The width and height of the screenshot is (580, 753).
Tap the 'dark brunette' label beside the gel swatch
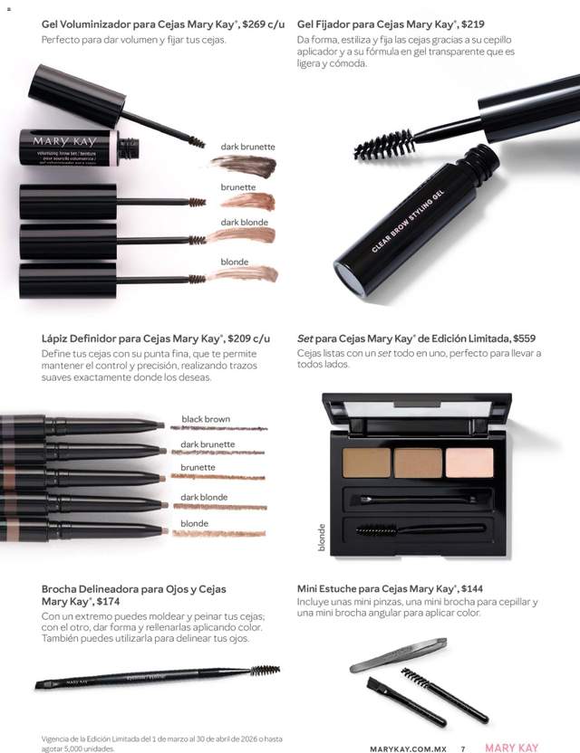pos(247,147)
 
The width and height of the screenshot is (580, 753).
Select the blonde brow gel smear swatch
pos(243,274)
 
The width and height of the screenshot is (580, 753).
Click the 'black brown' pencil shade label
pos(206,419)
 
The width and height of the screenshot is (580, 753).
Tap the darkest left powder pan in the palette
pos(366,462)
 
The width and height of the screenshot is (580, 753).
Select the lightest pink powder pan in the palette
pos(469,462)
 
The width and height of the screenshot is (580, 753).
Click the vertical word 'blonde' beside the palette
pos(321,538)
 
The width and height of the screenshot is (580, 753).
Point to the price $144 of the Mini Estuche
pos(471,588)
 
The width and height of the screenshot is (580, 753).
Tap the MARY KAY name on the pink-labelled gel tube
pos(65,142)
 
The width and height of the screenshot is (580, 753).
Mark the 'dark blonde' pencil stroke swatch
pos(219,507)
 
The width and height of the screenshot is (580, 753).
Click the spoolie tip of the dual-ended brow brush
pos(265,671)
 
